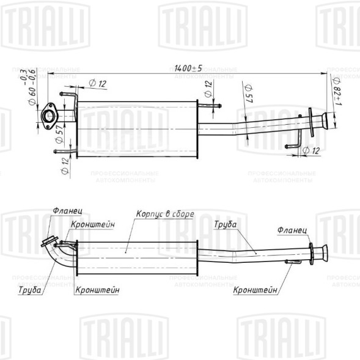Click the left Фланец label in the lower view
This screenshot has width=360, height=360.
pyautogui.click(x=63, y=211)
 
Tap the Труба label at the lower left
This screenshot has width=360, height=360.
pyautogui.click(x=29, y=290)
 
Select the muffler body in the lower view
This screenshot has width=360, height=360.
pyautogui.click(x=136, y=257)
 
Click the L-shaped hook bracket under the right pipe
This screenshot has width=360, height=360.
pyautogui.click(x=294, y=145)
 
